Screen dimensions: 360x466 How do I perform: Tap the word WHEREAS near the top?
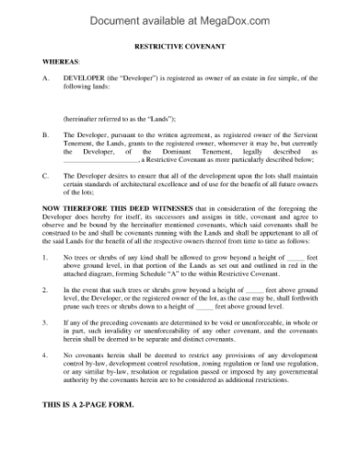point(59,61)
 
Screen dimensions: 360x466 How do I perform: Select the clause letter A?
point(47,79)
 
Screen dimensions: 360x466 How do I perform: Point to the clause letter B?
point(47,134)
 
